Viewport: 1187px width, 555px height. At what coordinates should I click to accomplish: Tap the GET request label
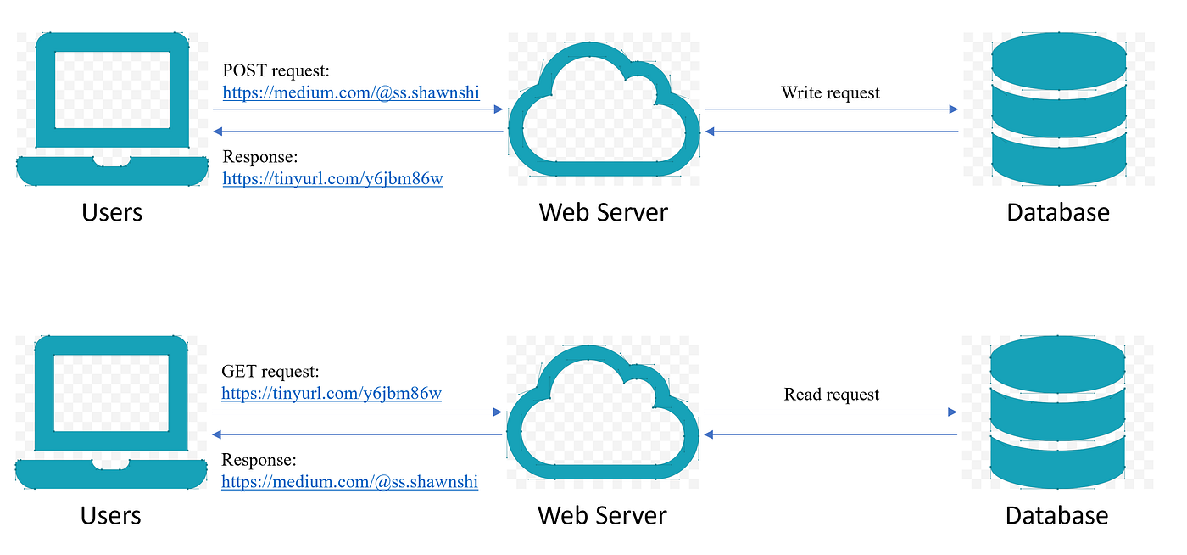(270, 372)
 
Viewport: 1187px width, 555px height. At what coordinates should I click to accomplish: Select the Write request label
(831, 92)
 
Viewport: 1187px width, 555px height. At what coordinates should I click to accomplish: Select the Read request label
(832, 395)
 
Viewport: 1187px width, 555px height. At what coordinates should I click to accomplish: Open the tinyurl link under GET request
(332, 394)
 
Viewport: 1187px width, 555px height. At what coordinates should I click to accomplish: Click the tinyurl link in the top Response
(332, 179)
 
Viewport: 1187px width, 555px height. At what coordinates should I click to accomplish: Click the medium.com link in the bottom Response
(349, 482)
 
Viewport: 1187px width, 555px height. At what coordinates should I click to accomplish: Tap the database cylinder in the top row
(1058, 109)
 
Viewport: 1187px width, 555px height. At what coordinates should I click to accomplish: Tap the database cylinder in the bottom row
(1057, 412)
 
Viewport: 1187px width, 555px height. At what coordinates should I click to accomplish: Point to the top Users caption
(112, 211)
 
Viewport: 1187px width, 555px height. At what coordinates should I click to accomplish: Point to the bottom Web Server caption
(602, 515)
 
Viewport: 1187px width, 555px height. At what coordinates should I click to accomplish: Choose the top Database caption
(1058, 211)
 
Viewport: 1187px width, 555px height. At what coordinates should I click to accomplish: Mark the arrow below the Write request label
(831, 109)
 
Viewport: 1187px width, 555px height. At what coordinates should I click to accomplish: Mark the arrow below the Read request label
(831, 412)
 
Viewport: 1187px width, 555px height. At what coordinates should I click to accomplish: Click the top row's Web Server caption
(604, 211)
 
